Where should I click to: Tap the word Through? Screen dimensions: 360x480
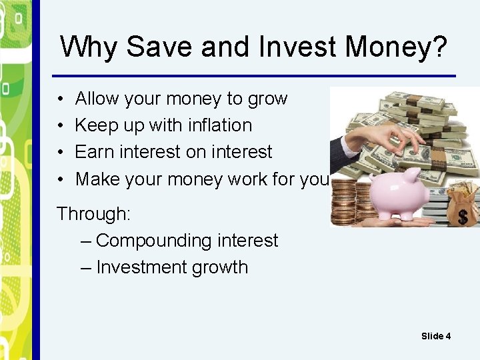[94, 214]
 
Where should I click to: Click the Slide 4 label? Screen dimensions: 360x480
[436, 336]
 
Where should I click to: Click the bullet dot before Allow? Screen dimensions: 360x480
[60, 99]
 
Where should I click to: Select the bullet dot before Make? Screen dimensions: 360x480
[60, 179]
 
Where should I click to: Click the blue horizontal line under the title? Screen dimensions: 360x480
[253, 75]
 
